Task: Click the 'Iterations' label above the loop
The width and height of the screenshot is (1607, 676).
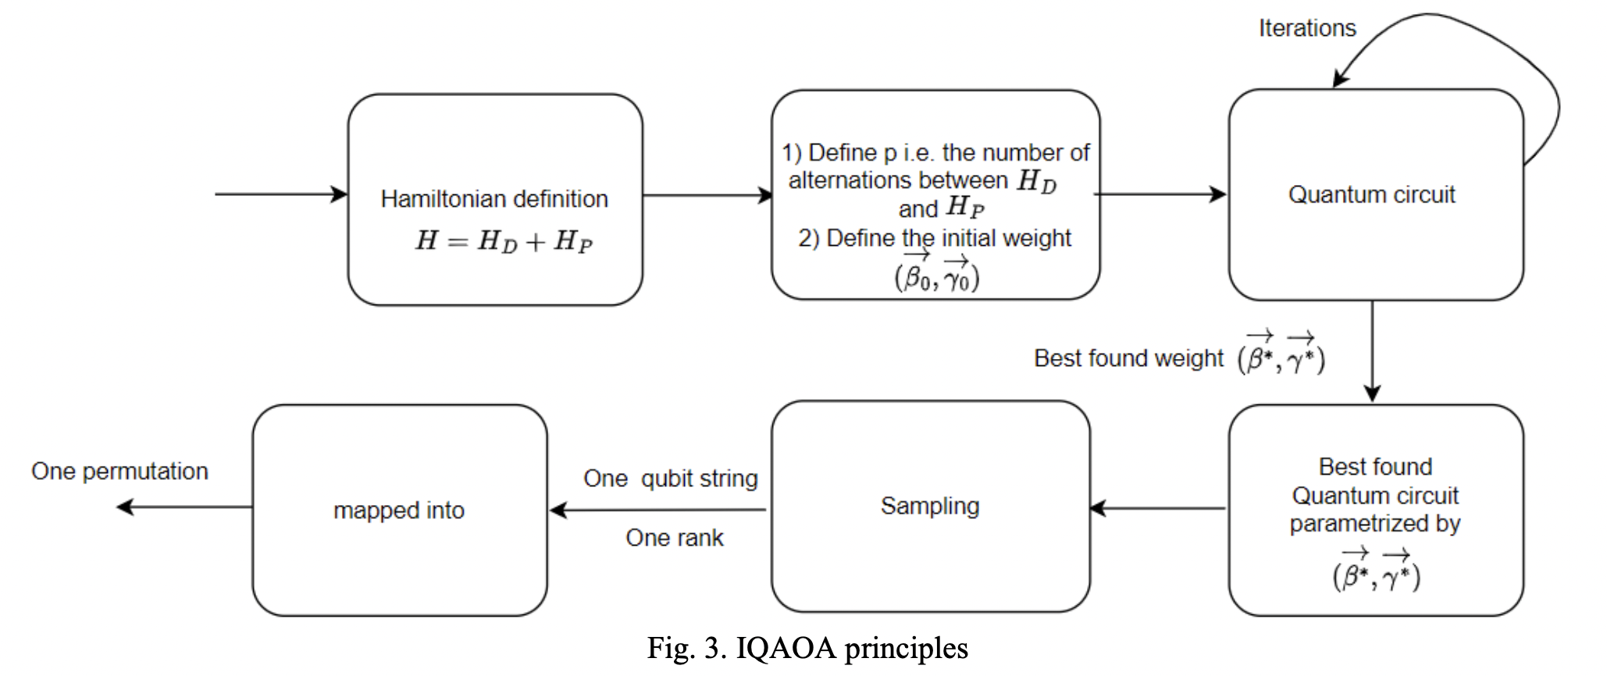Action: [1306, 29]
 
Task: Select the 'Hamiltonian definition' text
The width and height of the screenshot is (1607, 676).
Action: [494, 199]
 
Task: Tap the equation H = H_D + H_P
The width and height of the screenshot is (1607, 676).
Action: [504, 240]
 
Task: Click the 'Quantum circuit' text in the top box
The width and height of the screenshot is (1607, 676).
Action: [1371, 194]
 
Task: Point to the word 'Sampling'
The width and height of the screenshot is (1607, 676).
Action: [929, 506]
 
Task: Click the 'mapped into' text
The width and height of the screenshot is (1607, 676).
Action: [398, 511]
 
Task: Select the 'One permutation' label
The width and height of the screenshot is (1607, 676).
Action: [119, 471]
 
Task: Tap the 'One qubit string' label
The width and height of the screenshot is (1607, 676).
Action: [670, 479]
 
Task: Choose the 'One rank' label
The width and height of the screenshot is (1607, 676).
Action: [674, 538]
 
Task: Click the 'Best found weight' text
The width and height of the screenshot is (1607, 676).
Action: [1128, 358]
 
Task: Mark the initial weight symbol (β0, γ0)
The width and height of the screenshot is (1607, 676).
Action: [936, 274]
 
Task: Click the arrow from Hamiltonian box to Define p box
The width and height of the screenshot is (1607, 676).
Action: [707, 195]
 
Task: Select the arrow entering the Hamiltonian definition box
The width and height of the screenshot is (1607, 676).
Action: [281, 194]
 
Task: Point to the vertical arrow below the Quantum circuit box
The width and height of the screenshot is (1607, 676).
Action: [1372, 351]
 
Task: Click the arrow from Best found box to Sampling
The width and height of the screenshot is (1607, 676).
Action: [1158, 509]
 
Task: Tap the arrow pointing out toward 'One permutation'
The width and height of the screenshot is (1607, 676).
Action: [184, 507]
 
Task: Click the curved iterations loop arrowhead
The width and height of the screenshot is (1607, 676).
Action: [1340, 79]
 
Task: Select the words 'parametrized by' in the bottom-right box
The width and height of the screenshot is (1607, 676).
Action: [1374, 524]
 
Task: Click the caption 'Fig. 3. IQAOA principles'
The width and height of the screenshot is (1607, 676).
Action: [807, 649]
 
